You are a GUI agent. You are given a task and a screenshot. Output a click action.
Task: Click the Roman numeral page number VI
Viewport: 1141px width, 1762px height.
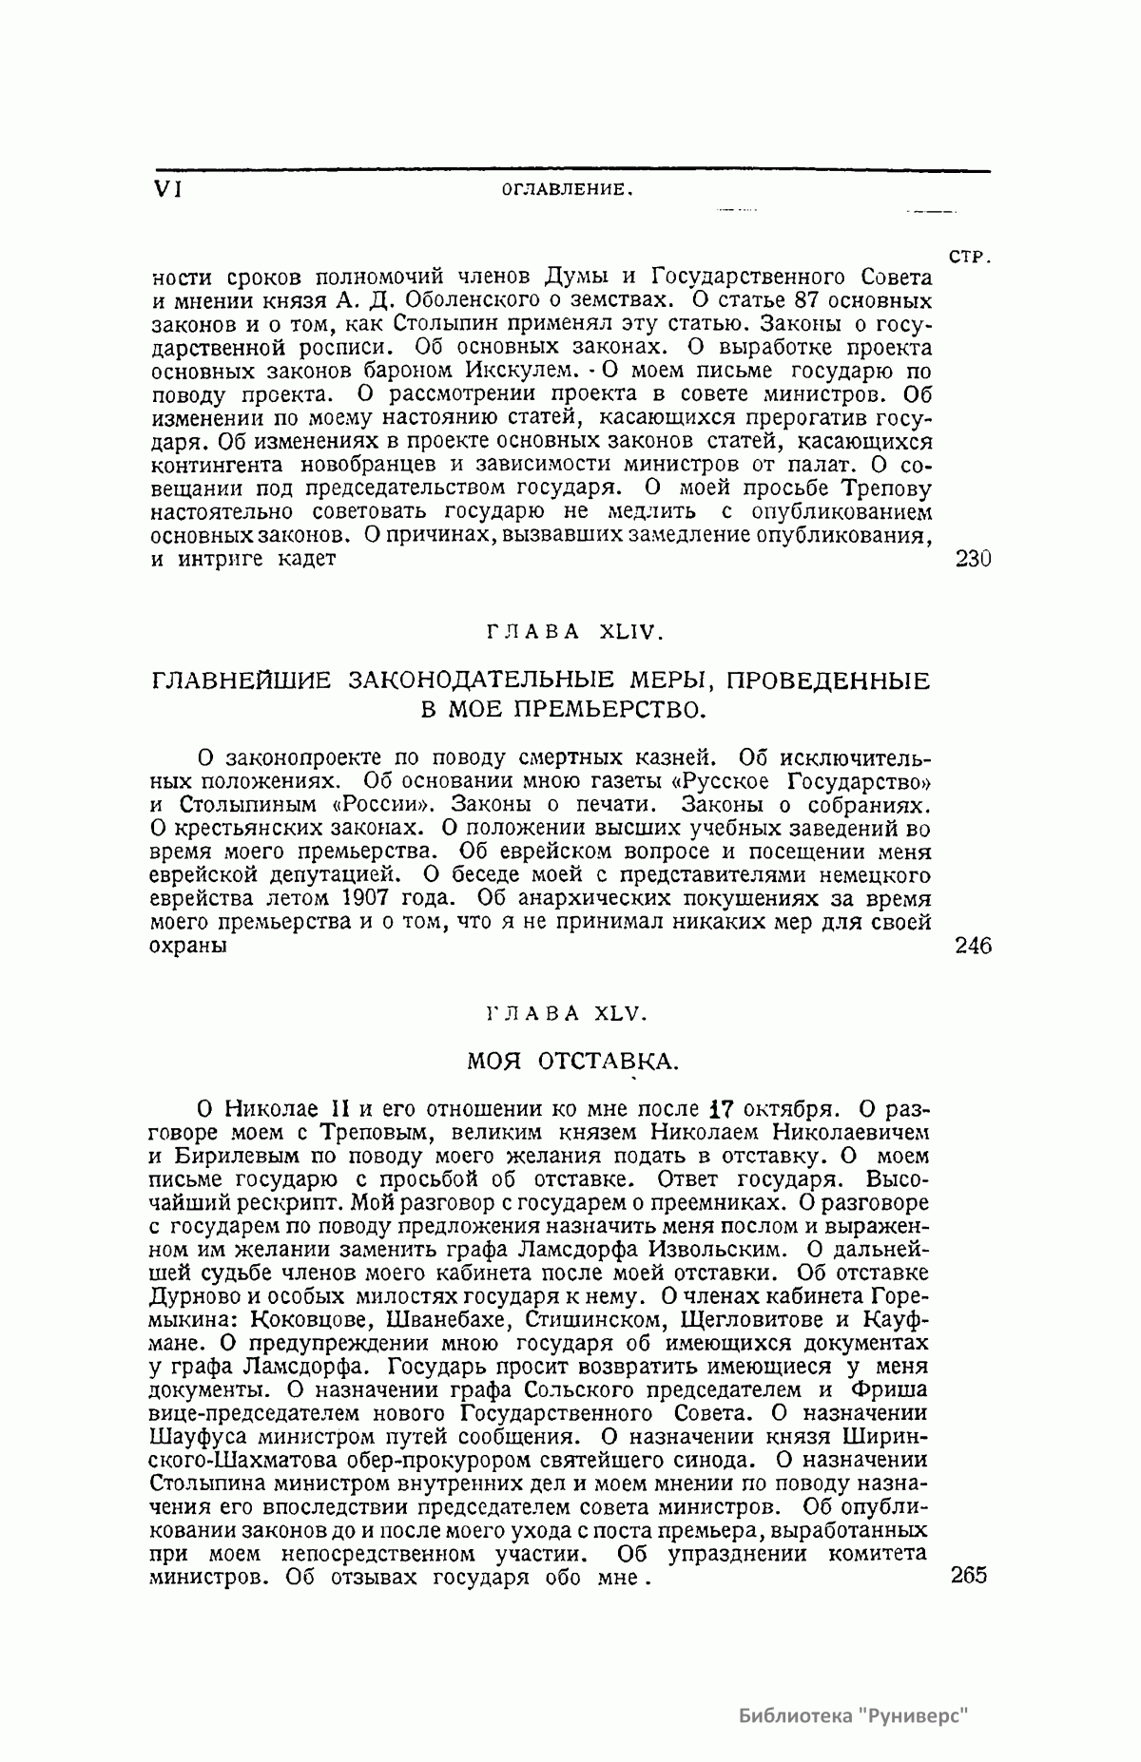167,188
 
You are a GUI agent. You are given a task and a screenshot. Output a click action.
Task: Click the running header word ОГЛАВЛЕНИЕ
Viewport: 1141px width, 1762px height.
567,189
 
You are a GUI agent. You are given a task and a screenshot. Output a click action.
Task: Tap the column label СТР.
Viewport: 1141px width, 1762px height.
971,257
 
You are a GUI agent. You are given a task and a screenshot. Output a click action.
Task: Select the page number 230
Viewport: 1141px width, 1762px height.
972,559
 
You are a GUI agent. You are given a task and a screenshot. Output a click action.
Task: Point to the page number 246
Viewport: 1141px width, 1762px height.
972,946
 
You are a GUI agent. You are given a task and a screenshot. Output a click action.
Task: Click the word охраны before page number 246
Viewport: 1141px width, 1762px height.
188,947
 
